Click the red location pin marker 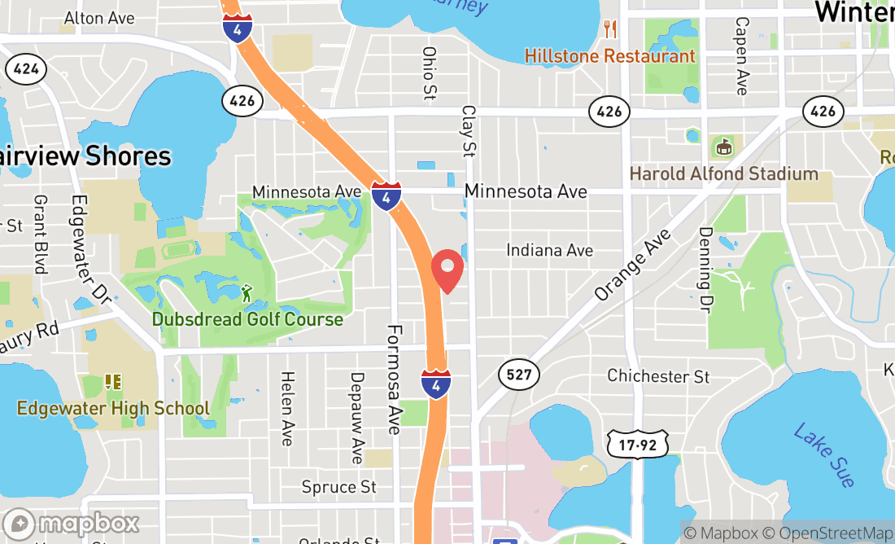tap(447, 271)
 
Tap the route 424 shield tap(25, 68)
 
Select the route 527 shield tap(518, 375)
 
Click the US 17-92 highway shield tap(637, 445)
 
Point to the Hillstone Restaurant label tap(609, 56)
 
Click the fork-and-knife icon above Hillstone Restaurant tap(610, 30)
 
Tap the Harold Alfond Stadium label tap(723, 173)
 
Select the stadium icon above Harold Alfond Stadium tap(723, 147)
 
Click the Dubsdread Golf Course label tap(247, 318)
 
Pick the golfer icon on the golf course tap(247, 292)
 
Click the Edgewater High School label tap(113, 408)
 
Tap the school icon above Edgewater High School tap(113, 381)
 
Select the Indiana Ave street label tap(549, 250)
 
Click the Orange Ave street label tap(634, 264)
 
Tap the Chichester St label tap(658, 376)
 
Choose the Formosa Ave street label tap(395, 379)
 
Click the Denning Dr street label tap(705, 270)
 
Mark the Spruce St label tap(339, 487)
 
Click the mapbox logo tap(71, 523)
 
